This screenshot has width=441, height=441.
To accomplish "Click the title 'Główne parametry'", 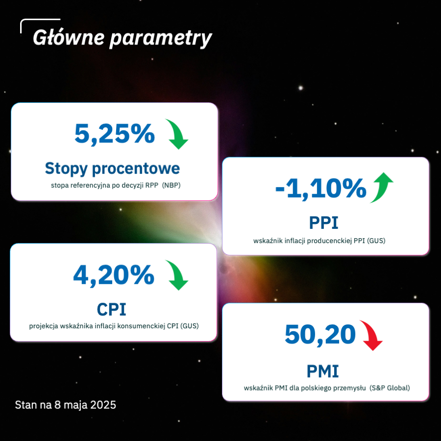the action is pyautogui.click(x=122, y=38).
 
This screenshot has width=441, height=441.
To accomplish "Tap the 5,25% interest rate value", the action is pyautogui.click(x=115, y=134).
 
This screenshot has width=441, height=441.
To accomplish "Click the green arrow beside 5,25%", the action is pyautogui.click(x=177, y=134).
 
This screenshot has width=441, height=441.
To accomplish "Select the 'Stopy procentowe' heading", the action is pyautogui.click(x=113, y=168).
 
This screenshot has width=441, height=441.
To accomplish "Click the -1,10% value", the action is pyautogui.click(x=321, y=188).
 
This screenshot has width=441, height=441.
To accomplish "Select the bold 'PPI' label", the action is pyautogui.click(x=323, y=223).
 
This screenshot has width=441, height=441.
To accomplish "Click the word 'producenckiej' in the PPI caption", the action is pyautogui.click(x=329, y=241).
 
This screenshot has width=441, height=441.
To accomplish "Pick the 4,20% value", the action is pyautogui.click(x=114, y=275).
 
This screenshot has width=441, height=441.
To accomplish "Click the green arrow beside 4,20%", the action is pyautogui.click(x=177, y=275).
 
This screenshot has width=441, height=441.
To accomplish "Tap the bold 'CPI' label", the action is pyautogui.click(x=111, y=310).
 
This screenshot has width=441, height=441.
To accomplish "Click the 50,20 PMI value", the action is pyautogui.click(x=320, y=334).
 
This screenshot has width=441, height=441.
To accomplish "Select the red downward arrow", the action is pyautogui.click(x=372, y=335).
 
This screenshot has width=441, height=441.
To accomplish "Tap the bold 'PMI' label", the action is pyautogui.click(x=322, y=371).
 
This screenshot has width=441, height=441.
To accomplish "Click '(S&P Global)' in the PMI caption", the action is pyautogui.click(x=390, y=388).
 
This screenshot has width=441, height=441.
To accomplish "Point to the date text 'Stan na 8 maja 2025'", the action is pyautogui.click(x=65, y=405).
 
